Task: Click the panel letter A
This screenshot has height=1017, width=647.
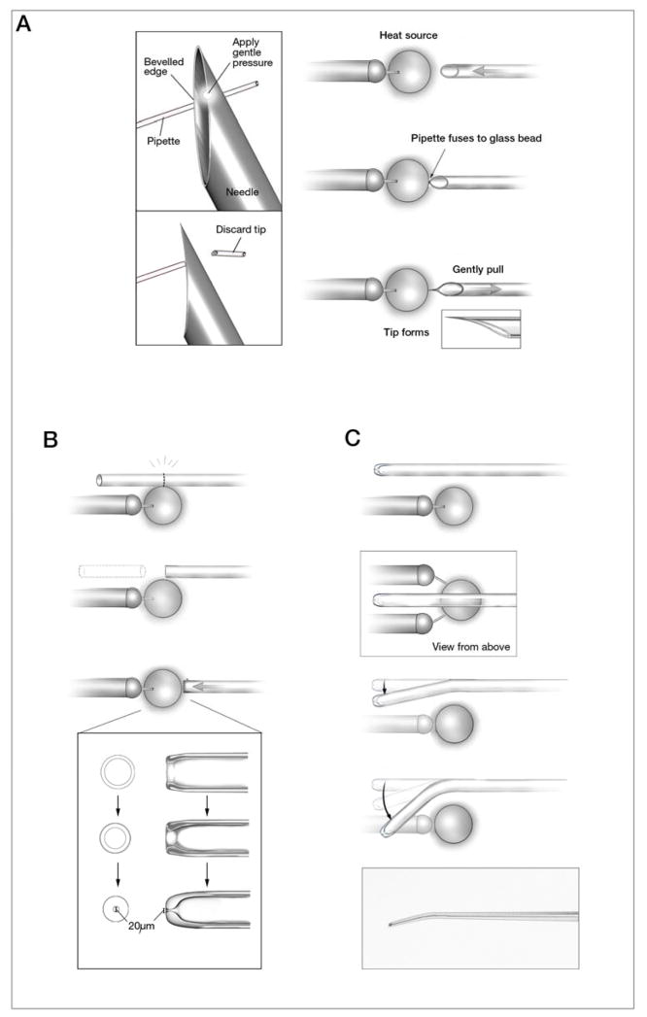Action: coord(26,24)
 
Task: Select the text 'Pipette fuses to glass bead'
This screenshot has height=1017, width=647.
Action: coord(477,138)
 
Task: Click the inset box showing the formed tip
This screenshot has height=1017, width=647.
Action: coord(481,328)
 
